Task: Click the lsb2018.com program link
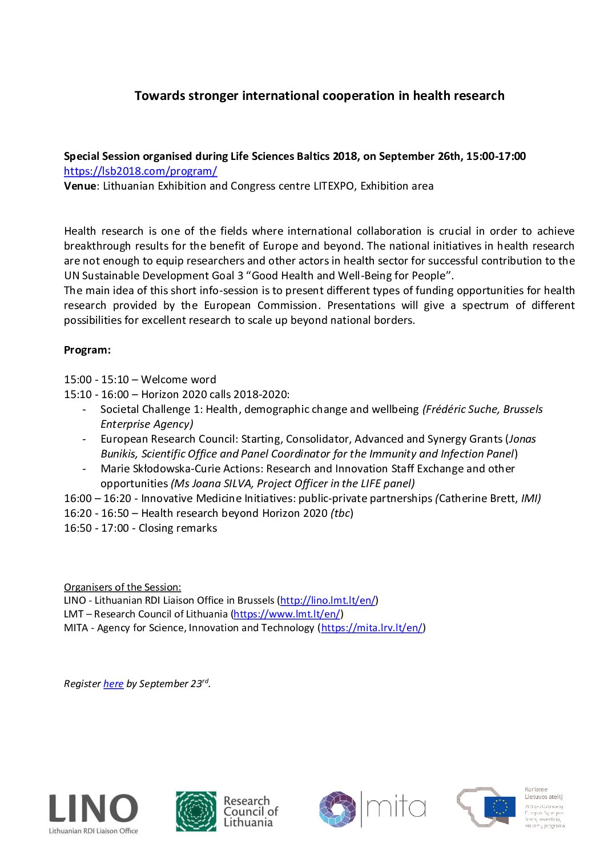click(x=140, y=171)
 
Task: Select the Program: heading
click(x=87, y=350)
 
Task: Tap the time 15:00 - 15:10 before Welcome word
click(x=96, y=380)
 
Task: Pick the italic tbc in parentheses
click(x=341, y=513)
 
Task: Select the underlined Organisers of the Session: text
click(x=122, y=587)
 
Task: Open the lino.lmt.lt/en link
click(x=328, y=601)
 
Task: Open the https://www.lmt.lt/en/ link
click(x=287, y=615)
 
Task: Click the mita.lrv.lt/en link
click(x=372, y=628)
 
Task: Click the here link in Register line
click(x=113, y=684)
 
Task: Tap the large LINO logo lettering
click(x=93, y=809)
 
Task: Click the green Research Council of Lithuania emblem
click(x=196, y=811)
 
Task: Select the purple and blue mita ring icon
click(x=337, y=809)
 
